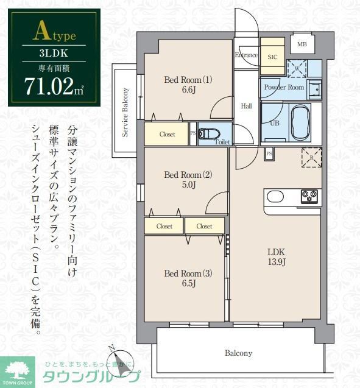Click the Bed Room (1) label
[x=188, y=84]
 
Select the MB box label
[x=302, y=44]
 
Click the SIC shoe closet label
[x=272, y=55]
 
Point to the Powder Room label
[x=283, y=87]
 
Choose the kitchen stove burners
[x=309, y=196]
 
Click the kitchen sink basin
[x=275, y=197]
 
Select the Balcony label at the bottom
[x=238, y=353]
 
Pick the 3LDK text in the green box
[x=54, y=52]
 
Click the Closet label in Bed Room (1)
[x=167, y=135]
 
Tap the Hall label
[x=246, y=106]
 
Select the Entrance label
[x=246, y=55]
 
